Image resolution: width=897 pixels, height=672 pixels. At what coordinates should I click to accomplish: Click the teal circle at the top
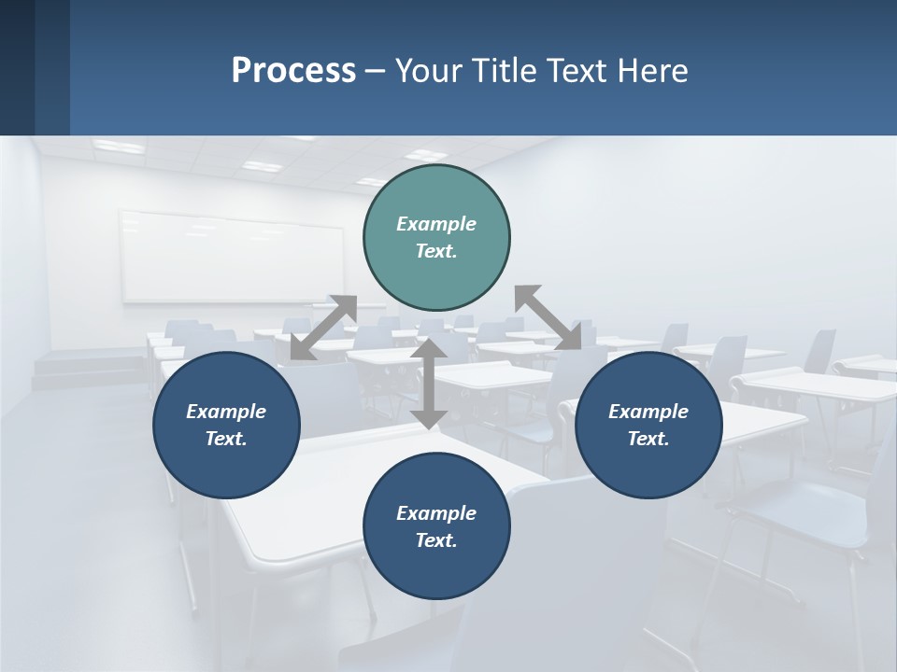436,237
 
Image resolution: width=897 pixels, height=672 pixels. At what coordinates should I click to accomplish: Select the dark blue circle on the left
226,425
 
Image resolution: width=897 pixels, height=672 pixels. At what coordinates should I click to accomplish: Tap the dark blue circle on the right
648,425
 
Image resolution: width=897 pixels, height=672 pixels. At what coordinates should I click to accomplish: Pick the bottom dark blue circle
436,526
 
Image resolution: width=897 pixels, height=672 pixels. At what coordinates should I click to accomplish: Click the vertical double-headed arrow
429,384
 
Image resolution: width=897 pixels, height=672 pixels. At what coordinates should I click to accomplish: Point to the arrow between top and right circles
548,317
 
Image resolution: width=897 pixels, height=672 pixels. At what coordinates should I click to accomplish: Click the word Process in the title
293,70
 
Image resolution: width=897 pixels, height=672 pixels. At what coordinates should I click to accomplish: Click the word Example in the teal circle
436,224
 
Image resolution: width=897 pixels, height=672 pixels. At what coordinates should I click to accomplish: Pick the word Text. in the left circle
226,439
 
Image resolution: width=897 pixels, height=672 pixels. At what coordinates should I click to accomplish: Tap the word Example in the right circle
648,412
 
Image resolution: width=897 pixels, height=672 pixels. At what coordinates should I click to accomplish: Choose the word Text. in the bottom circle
436,540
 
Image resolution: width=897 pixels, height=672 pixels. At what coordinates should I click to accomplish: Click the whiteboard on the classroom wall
232,256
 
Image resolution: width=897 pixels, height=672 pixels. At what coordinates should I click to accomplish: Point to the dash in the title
375,71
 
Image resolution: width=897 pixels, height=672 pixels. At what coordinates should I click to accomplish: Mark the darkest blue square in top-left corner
17,67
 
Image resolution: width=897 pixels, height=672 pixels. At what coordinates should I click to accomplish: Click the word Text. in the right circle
648,439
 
